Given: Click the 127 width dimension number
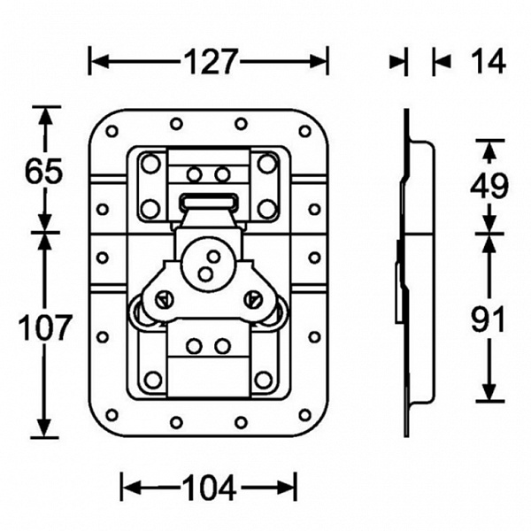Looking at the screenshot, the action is coord(210,62).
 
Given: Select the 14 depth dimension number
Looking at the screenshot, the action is coord(489,61).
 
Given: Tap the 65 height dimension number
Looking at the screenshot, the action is coord(44,172).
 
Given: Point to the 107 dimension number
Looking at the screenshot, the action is coord(45,327).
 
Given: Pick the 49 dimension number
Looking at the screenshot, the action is coord(489,186).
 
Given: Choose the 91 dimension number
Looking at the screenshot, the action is coord(488,319).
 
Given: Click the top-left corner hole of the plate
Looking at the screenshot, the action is coord(112,131).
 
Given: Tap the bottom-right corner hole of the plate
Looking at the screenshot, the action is coord(304,415).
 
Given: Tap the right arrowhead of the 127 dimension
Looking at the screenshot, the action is coord(319,62).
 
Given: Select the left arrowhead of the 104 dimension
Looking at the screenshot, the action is coord(130,488).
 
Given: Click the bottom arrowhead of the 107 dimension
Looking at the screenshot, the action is coord(45,428).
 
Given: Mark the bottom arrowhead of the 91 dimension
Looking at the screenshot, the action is coord(489,392).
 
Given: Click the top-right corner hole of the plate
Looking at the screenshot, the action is coord(304,131).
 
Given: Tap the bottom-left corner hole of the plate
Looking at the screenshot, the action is coord(112,415).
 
